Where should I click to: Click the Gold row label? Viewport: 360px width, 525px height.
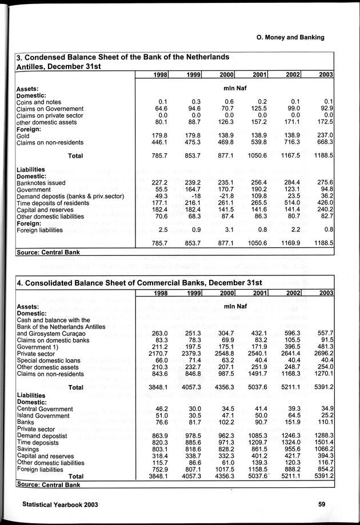(24, 135)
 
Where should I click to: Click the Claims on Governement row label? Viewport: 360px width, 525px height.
(50, 109)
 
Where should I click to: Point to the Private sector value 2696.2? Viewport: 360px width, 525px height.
(323, 354)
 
